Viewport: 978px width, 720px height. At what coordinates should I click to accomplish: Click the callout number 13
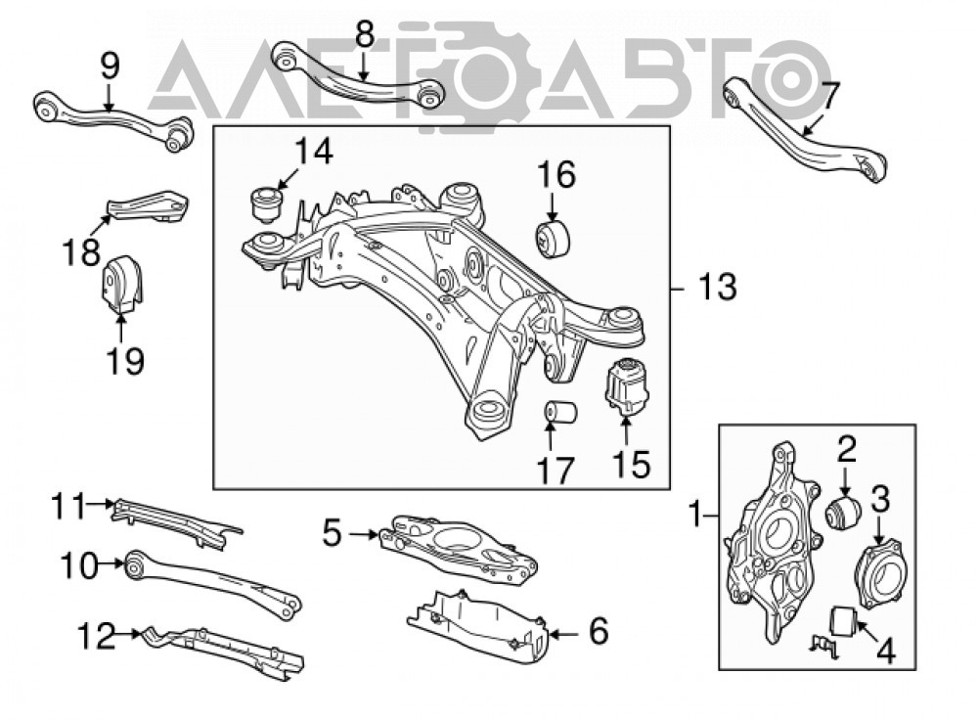[717, 288]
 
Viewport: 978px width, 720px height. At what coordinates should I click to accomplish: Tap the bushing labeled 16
[554, 238]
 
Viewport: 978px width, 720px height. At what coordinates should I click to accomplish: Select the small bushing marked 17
[560, 413]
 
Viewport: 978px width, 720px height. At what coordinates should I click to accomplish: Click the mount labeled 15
[627, 385]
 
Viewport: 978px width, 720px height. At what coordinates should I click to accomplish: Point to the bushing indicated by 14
[266, 202]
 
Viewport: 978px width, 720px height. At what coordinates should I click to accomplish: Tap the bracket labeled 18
[148, 206]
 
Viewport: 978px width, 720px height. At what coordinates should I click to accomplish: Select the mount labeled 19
[121, 284]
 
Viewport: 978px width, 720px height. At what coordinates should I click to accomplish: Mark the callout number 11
[68, 506]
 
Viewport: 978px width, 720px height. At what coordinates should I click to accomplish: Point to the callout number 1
[694, 516]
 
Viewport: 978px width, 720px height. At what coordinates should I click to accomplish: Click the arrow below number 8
[364, 65]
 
